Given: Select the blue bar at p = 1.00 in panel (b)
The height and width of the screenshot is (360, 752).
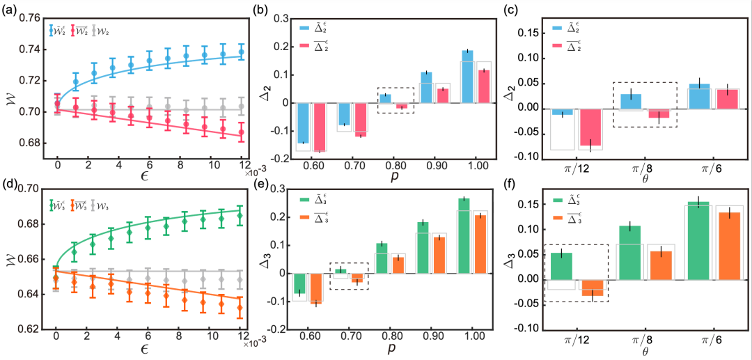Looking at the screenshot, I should point(467,77).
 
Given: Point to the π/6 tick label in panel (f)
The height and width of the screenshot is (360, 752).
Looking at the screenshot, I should point(707,342).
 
